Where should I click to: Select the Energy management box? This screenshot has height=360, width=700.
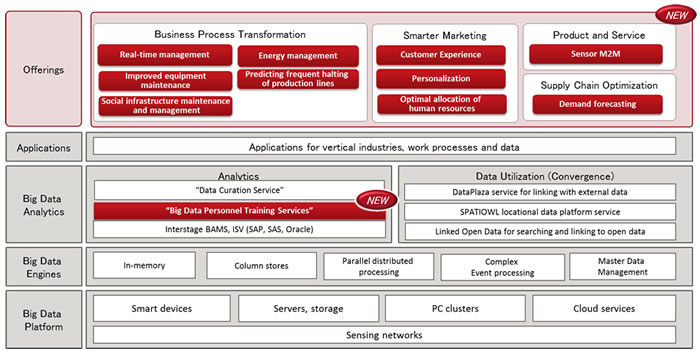pos(297,56)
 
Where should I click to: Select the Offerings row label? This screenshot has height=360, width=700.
pos(44,69)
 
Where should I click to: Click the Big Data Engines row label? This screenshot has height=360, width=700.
pos(44,265)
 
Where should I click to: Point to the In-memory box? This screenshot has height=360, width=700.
pos(144,266)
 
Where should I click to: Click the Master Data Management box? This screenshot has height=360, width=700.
pos(622,266)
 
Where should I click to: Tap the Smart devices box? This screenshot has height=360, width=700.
pos(160,310)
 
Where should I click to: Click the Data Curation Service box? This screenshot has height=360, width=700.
pos(240,190)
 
